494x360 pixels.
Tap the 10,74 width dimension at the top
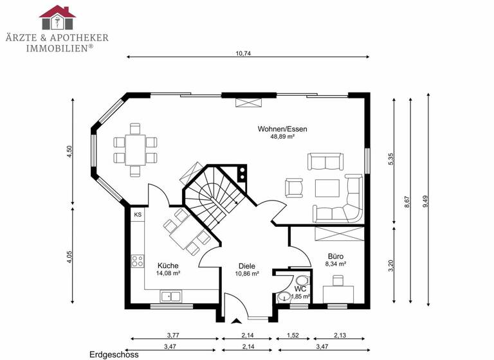click(x=243, y=53)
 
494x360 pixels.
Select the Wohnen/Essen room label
click(x=282, y=129)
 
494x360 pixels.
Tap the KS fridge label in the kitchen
click(x=138, y=215)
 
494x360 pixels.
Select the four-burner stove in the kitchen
click(x=138, y=261)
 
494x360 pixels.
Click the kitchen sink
click(x=170, y=296)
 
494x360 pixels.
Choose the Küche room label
click(x=168, y=265)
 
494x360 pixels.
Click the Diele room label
click(x=247, y=265)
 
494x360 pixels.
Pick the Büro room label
click(x=336, y=255)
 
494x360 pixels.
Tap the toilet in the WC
click(x=301, y=281)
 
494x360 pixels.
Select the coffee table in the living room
click(x=328, y=188)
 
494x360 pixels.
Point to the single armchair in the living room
click(x=293, y=187)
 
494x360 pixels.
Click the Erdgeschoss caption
click(x=113, y=354)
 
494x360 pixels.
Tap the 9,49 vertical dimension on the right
click(x=425, y=201)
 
